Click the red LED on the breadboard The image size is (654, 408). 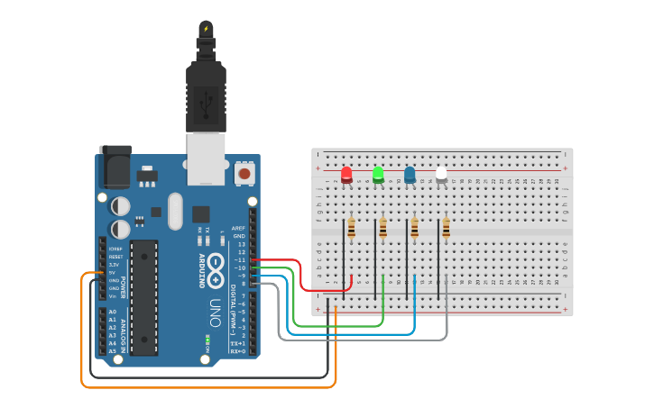(x=346, y=174)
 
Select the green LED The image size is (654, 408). (x=378, y=173)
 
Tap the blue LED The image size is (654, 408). (x=410, y=174)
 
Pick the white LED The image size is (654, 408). (x=441, y=174)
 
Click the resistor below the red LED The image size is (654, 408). (x=351, y=229)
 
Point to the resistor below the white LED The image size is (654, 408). (x=446, y=229)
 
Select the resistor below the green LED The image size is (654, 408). (x=383, y=229)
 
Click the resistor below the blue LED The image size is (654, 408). (x=415, y=229)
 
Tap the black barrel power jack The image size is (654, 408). (x=115, y=167)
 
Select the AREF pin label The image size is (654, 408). (x=238, y=229)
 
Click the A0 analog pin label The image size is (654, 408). (x=113, y=312)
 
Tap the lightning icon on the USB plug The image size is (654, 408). (x=206, y=29)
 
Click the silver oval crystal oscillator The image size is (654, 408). (x=175, y=211)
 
